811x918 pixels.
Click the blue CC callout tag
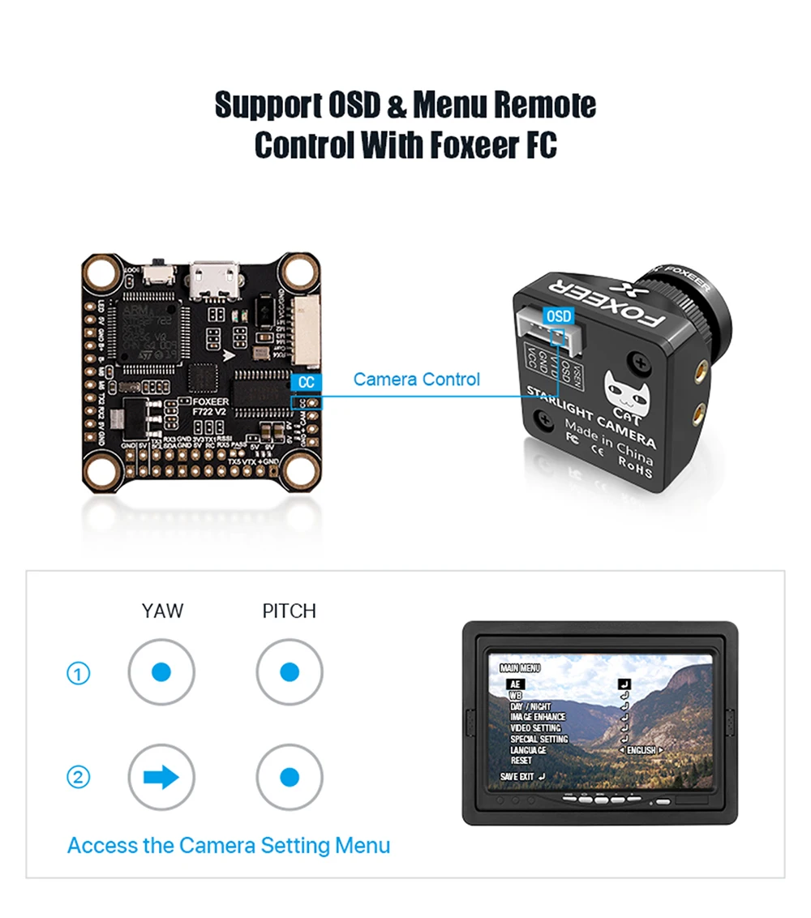[306, 382]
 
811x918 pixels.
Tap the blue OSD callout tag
[559, 315]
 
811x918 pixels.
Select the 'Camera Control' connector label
[417, 379]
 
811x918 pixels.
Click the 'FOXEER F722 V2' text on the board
[209, 406]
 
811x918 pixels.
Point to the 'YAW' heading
[162, 611]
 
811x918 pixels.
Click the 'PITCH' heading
[290, 611]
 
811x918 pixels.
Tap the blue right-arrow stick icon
[161, 777]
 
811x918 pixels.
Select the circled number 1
[78, 673]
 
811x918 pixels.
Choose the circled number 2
[78, 777]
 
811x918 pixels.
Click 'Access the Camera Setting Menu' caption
[229, 846]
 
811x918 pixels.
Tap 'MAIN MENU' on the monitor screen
[520, 668]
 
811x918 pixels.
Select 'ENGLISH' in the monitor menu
[641, 750]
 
